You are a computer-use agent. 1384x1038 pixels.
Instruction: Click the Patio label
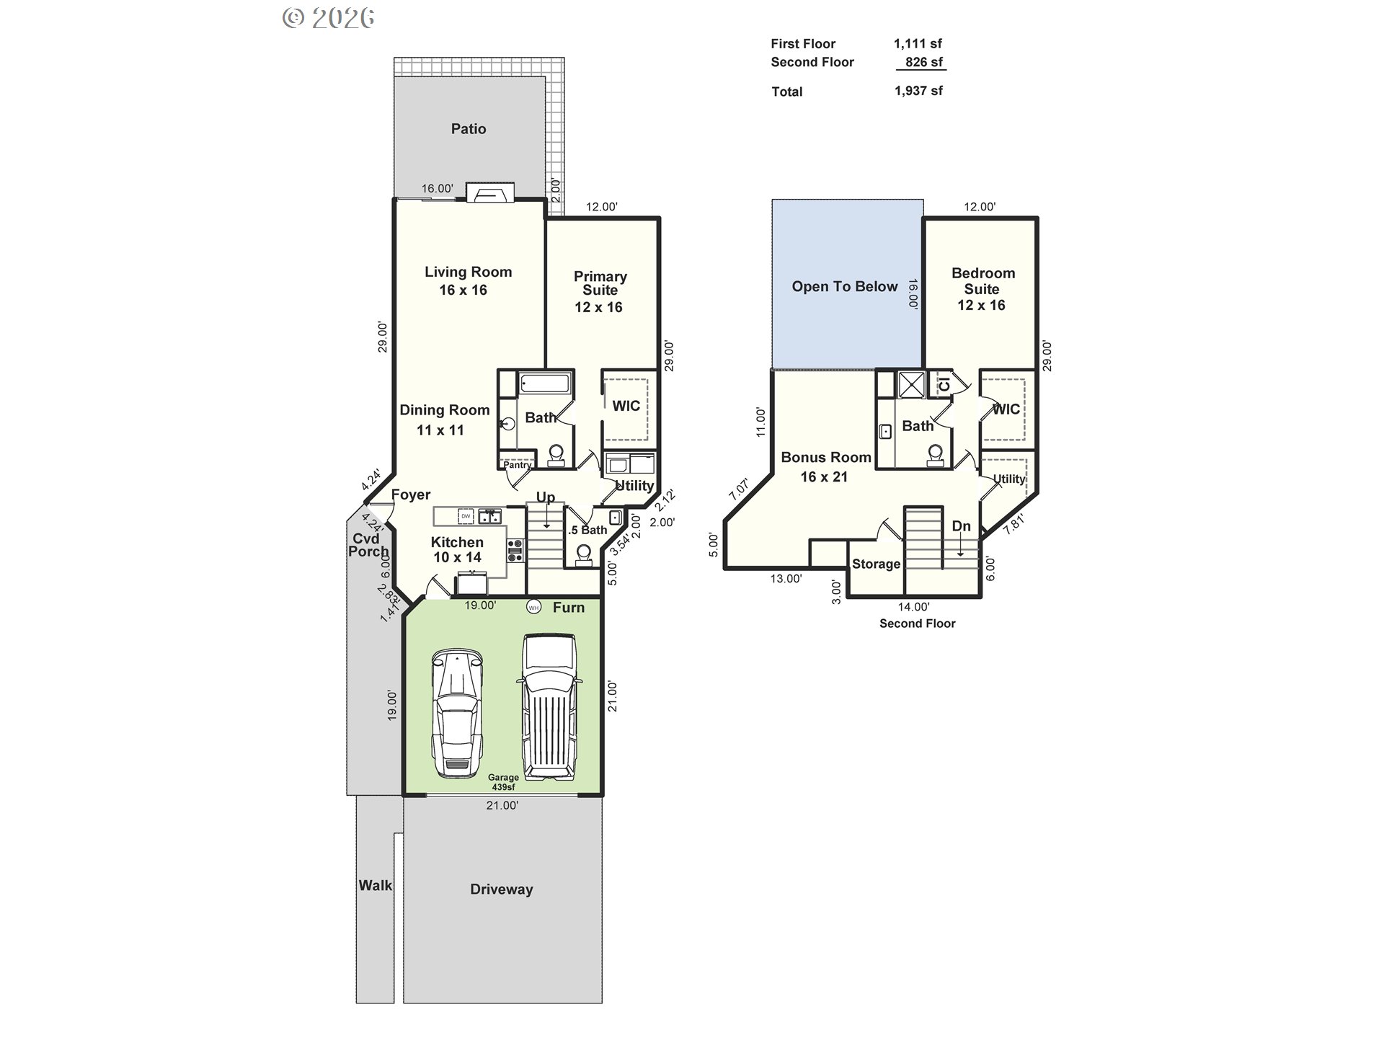coord(469,129)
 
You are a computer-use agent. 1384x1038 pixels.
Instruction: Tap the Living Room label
coord(468,272)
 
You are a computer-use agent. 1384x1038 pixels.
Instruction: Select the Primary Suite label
coord(600,283)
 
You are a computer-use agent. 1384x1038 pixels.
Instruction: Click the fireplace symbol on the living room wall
coord(490,193)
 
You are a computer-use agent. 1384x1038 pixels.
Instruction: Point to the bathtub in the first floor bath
coord(546,383)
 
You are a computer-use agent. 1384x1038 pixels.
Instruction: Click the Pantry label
coord(517,465)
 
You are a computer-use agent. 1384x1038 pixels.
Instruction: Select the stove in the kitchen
coord(515,551)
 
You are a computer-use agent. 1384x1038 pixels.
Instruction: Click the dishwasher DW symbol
coord(466,516)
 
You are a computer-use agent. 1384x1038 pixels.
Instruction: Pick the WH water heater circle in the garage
coord(533,608)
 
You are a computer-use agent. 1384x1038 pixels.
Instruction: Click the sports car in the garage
coord(456,713)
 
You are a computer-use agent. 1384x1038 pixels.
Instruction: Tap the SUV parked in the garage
coord(549,707)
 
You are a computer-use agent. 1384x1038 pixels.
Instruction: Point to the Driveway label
coord(502,890)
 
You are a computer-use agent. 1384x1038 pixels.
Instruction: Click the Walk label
coord(376,885)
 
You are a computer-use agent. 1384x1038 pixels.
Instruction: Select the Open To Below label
coord(845,286)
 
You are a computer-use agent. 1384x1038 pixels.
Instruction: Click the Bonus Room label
coord(826,457)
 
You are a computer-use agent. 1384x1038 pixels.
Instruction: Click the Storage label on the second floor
coord(876,564)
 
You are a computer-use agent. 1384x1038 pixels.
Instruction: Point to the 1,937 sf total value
coord(918,91)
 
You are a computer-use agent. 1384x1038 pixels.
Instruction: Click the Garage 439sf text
coord(503,782)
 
